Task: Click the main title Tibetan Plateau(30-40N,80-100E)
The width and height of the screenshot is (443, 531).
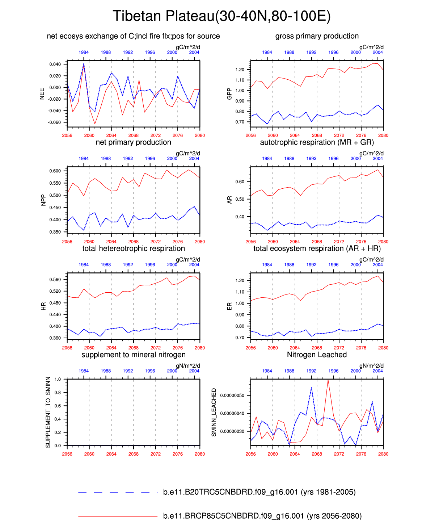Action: tap(221, 16)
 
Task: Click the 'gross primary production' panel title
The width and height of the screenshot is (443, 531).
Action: tap(317, 36)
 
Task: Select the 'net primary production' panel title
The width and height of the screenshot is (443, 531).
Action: tap(133, 142)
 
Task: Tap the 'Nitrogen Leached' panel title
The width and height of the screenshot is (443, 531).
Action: tap(317, 355)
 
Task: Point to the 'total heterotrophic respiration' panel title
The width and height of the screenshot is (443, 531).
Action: tap(133, 248)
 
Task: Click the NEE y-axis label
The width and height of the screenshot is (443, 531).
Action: tap(42, 93)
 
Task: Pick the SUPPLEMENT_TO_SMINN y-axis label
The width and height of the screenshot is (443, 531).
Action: tap(48, 412)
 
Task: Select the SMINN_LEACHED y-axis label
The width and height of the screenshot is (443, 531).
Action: tap(214, 412)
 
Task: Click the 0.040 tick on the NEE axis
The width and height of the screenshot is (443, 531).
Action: tap(55, 64)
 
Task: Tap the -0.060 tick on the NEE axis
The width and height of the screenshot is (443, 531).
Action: tap(54, 122)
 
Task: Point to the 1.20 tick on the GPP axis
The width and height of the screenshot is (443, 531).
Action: tap(240, 70)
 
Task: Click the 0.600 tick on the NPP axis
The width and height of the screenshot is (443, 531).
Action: tap(55, 171)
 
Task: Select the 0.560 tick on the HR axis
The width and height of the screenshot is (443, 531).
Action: tap(55, 280)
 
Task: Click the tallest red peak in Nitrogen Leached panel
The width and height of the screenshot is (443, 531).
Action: tap(328, 379)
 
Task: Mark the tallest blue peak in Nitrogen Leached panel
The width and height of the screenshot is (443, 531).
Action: tap(311, 388)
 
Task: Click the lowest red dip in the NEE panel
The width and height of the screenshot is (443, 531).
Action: tap(95, 124)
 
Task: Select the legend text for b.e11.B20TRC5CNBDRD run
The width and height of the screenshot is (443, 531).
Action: tap(259, 492)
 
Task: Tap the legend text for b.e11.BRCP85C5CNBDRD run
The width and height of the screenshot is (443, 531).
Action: tap(262, 516)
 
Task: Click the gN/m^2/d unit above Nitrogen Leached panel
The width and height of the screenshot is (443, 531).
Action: tap(371, 366)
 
